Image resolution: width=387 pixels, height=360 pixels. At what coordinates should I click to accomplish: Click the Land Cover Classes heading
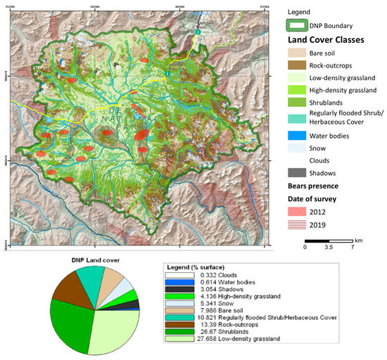[330, 39]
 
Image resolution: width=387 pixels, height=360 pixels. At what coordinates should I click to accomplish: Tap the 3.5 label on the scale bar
[328, 247]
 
